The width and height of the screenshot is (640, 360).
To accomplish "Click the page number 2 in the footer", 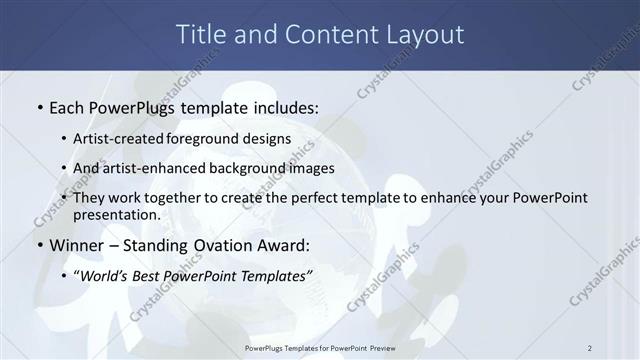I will (x=590, y=348).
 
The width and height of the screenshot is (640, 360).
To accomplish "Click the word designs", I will (x=268, y=138).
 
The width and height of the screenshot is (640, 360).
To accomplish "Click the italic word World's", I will (x=107, y=275).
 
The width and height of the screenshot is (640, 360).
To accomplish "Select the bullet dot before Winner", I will (x=39, y=245).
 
